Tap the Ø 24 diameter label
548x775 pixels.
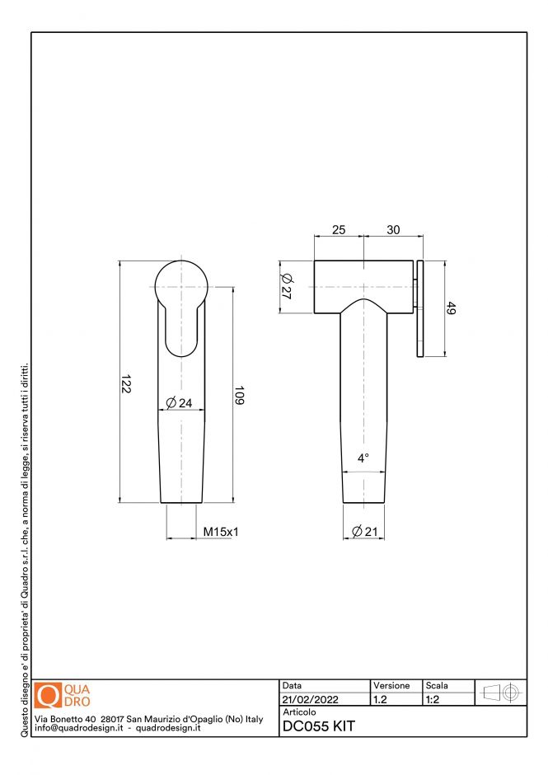click(179, 403)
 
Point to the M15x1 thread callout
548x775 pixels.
click(220, 533)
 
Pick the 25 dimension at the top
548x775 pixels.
click(338, 230)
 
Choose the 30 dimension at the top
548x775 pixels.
click(393, 230)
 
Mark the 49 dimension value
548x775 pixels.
click(451, 309)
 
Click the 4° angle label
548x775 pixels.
click(363, 458)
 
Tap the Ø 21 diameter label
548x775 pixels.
click(364, 532)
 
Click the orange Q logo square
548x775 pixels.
click(49, 695)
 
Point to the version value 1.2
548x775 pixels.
click(381, 699)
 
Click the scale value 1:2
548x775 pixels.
click(432, 699)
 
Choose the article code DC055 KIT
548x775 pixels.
click(318, 726)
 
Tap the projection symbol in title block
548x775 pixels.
click(501, 693)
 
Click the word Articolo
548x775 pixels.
click(299, 712)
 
